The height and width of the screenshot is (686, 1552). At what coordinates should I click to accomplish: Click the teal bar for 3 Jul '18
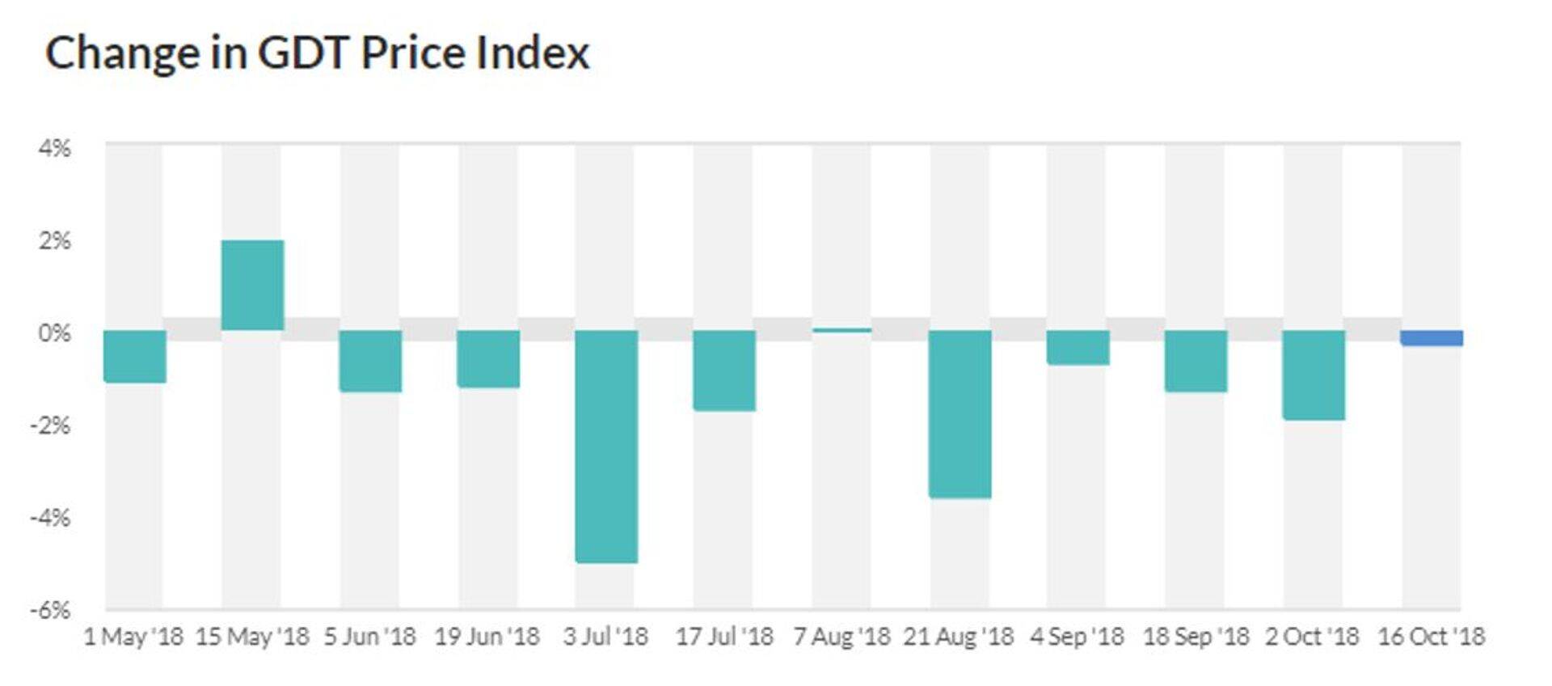coord(606,446)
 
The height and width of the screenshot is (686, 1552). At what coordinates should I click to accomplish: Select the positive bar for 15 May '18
coord(252,285)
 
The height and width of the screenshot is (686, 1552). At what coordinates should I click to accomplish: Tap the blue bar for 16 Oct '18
coord(1432,338)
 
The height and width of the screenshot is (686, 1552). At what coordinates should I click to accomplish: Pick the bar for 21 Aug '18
coord(959,413)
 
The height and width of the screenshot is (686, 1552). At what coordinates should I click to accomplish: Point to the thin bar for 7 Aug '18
coord(841,330)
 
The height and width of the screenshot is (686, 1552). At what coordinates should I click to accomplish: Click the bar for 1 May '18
coord(135,356)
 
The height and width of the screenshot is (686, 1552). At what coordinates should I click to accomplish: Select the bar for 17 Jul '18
coord(724,371)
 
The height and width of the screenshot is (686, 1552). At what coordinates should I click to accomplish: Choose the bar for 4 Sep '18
coord(1078,347)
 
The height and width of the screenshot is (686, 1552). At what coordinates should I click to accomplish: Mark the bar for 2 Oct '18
coord(1314,375)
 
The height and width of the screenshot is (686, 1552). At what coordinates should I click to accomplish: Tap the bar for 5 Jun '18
coord(370,361)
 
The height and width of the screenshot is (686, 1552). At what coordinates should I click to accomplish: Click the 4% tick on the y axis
coord(54,149)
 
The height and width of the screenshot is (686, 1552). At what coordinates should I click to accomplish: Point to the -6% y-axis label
coord(50,610)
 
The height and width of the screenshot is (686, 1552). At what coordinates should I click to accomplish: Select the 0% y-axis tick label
coord(54,332)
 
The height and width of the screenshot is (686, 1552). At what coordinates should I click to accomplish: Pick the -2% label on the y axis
coord(50,425)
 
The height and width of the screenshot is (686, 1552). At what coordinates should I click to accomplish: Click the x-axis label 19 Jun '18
coord(487,637)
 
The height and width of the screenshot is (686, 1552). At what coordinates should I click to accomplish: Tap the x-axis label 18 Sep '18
coord(1196,637)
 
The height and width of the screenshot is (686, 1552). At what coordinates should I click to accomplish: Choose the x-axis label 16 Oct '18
coord(1431,637)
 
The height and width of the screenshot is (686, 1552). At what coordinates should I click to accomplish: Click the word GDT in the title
coord(303,53)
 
